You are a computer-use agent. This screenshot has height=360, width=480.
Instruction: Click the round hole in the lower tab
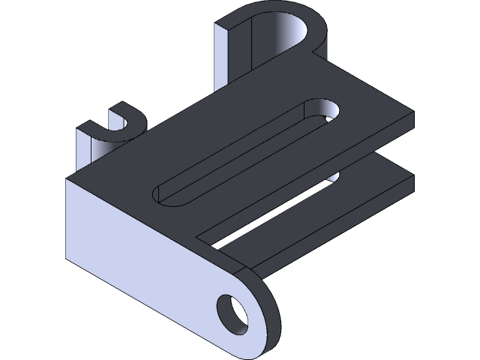click(232, 313)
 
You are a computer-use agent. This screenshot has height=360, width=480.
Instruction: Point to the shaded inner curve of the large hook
click(289, 34)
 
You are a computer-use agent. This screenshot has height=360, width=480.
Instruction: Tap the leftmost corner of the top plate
click(69, 180)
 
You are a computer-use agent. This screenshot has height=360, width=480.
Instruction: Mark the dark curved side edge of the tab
click(271, 315)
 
